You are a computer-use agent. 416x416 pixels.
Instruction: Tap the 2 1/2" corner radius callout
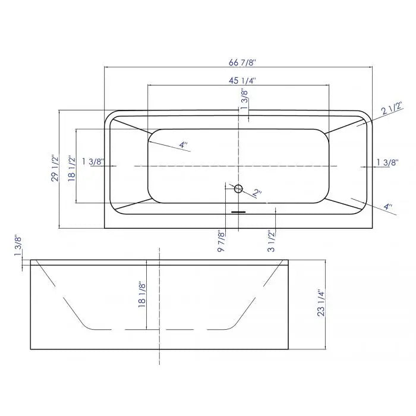click(392, 109)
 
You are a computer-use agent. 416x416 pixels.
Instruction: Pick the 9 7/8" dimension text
click(221, 242)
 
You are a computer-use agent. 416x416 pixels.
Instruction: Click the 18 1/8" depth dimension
click(141, 294)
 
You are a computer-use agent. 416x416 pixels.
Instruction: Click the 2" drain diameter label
click(257, 193)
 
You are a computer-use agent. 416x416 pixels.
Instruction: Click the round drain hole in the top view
click(239, 189)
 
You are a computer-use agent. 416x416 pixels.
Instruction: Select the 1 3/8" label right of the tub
click(387, 162)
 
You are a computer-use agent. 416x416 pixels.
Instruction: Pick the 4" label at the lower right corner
click(387, 207)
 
